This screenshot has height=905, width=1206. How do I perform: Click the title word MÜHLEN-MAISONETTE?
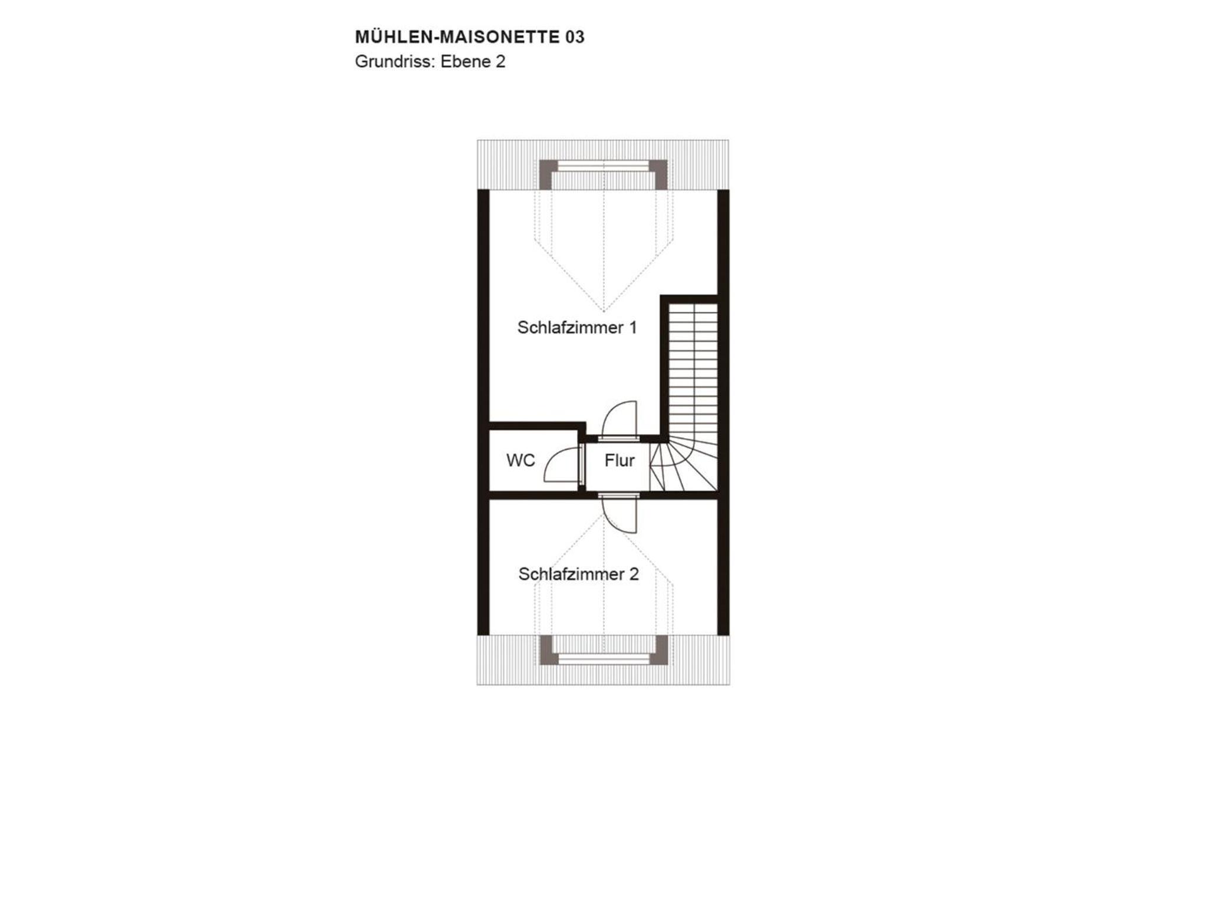(x=458, y=37)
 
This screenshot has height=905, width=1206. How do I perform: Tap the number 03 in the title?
(x=575, y=37)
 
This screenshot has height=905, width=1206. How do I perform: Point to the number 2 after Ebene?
(x=500, y=62)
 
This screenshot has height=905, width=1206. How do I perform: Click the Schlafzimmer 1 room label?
(x=577, y=328)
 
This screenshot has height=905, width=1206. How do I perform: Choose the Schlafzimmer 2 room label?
(x=578, y=574)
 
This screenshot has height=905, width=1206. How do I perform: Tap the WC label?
(x=521, y=461)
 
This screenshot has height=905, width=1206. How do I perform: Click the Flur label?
(x=619, y=461)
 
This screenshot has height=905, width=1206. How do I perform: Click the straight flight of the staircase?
(x=694, y=369)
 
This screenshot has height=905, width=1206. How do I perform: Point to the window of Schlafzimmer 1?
(x=604, y=167)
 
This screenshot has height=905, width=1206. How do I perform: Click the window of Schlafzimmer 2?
(x=604, y=658)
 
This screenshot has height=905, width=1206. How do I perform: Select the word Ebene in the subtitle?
(x=465, y=62)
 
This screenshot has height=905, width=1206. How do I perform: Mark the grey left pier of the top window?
(x=546, y=174)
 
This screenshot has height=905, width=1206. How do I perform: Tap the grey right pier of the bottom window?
(x=661, y=650)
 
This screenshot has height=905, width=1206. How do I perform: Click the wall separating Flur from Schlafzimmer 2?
(x=604, y=495)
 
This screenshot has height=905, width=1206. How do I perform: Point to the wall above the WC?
(x=537, y=426)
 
